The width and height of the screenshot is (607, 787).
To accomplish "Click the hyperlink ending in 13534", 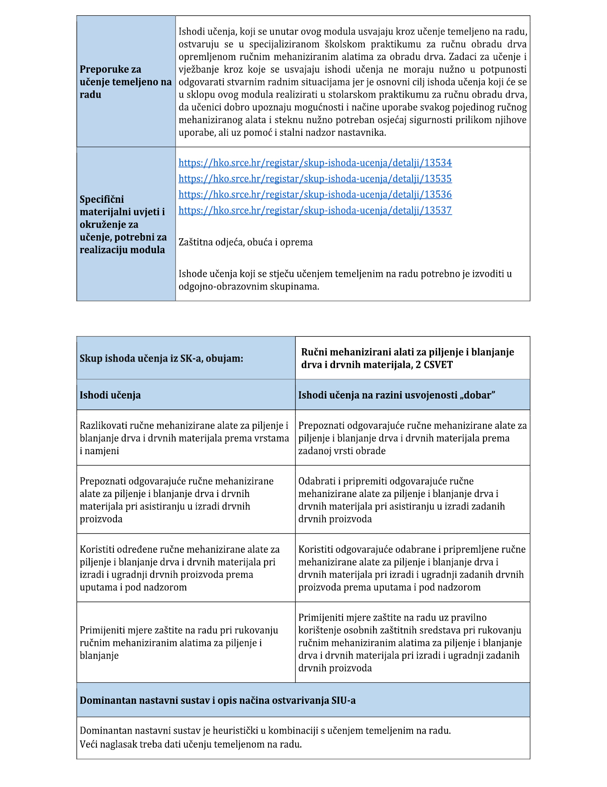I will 315,163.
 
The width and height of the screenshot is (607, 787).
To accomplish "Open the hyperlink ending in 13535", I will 315,179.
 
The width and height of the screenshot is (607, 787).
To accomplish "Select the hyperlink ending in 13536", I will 315,194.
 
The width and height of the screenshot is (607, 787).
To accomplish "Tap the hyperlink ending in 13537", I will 315,210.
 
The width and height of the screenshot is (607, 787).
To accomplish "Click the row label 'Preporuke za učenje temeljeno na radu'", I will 125,82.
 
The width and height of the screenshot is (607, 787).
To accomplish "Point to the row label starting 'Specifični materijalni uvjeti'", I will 123,224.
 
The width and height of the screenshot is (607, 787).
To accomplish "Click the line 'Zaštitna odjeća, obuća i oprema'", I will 245,242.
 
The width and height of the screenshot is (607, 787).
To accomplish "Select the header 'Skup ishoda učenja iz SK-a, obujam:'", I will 161,359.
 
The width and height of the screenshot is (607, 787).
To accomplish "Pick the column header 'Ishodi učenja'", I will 110,395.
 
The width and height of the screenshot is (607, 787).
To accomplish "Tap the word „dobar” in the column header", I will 475,395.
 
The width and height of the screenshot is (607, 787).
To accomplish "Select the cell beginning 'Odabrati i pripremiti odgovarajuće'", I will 401,500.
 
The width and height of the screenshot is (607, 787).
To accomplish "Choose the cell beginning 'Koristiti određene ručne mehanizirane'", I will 180,568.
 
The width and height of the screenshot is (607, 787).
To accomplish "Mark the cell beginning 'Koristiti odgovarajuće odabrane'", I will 411,568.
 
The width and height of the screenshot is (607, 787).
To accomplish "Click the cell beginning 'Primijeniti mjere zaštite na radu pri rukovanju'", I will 179,642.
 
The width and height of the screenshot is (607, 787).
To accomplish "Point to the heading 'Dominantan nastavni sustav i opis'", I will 218,700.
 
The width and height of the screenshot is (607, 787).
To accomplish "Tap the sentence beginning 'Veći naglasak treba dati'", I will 191,744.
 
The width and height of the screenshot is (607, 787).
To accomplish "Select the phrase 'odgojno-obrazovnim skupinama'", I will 248,287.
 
